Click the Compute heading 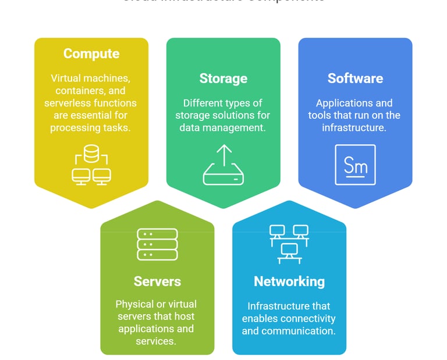click(91, 54)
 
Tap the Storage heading click(223, 79)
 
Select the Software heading click(355, 79)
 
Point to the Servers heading click(157, 281)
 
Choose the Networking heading click(289, 281)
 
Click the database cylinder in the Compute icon click(91, 154)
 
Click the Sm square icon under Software click(355, 165)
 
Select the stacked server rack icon click(157, 244)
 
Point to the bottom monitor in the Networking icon click(289, 251)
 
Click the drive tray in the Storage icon click(223, 175)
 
